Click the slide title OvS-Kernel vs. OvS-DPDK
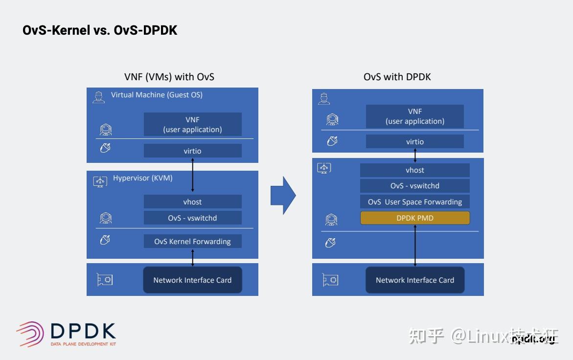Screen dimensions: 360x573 point(100,30)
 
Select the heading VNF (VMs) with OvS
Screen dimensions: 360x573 point(169,77)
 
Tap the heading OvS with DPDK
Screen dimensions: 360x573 point(397,77)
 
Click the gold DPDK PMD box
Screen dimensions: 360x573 point(415,218)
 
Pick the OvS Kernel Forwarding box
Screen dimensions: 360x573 point(192,241)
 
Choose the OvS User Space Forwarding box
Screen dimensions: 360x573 point(415,202)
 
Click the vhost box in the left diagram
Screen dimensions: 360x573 point(192,202)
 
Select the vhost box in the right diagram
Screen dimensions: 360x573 point(415,170)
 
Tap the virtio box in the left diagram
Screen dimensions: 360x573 point(192,151)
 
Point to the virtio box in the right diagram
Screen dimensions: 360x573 point(415,141)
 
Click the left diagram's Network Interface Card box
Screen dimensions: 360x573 point(192,280)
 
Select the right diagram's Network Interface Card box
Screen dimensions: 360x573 point(415,280)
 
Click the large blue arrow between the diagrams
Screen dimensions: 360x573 point(283,196)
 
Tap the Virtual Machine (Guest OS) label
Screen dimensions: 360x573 point(157,95)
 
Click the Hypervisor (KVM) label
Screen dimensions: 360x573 point(142,178)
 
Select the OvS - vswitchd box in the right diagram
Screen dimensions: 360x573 point(415,186)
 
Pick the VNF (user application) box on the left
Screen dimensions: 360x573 point(192,124)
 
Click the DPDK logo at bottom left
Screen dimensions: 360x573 point(66,334)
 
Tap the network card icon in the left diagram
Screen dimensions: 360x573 point(104,280)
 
